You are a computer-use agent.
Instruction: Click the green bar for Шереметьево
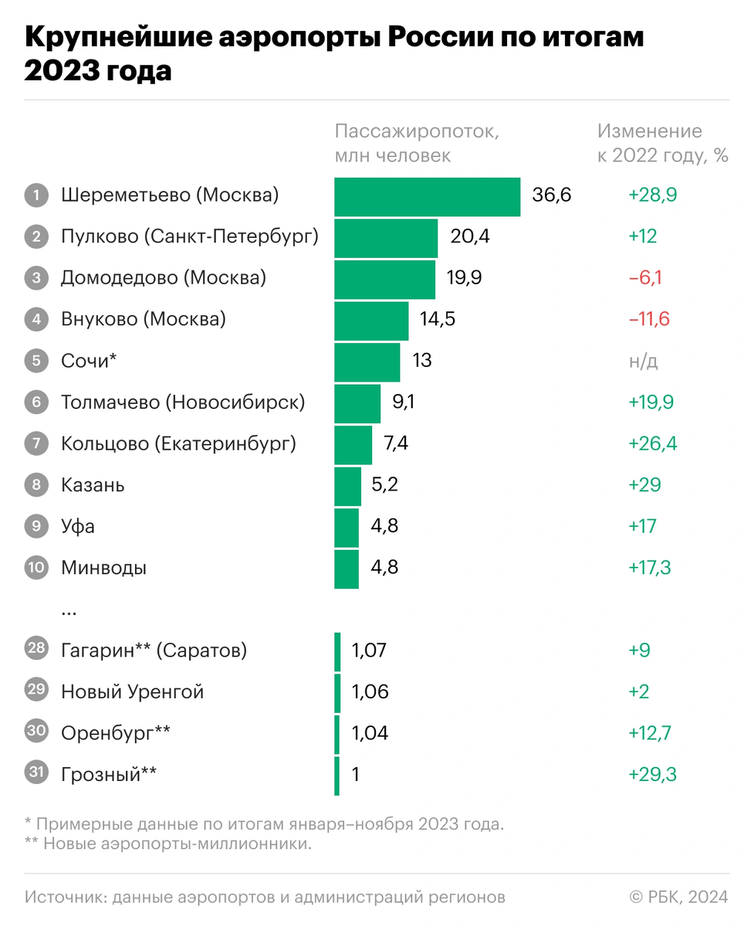[x=427, y=196]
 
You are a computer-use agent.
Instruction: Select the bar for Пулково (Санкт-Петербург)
[x=386, y=237]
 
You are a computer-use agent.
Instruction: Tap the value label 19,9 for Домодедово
[x=464, y=278]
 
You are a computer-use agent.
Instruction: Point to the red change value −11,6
[x=648, y=320]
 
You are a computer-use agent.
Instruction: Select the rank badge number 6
[x=36, y=402]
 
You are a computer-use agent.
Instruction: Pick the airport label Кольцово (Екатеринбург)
[x=178, y=444]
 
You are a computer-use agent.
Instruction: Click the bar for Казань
[x=347, y=486]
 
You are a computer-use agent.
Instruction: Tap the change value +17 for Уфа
[x=642, y=527]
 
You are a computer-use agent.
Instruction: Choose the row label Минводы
[x=104, y=569]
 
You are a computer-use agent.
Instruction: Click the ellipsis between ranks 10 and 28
[x=69, y=611]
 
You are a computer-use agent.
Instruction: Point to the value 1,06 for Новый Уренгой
[x=370, y=692]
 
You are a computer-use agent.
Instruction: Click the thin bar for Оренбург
[x=337, y=734]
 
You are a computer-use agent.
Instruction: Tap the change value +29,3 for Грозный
[x=652, y=775]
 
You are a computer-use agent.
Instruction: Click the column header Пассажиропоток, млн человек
[x=417, y=143]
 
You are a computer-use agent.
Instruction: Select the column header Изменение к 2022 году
[x=662, y=143]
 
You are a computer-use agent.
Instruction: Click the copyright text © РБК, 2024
[x=679, y=897]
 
